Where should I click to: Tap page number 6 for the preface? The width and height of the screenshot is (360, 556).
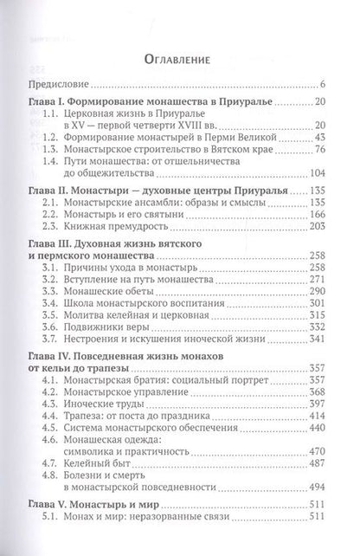pyautogui.click(x=322, y=84)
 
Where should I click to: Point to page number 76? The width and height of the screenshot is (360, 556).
pyautogui.click(x=318, y=153)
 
